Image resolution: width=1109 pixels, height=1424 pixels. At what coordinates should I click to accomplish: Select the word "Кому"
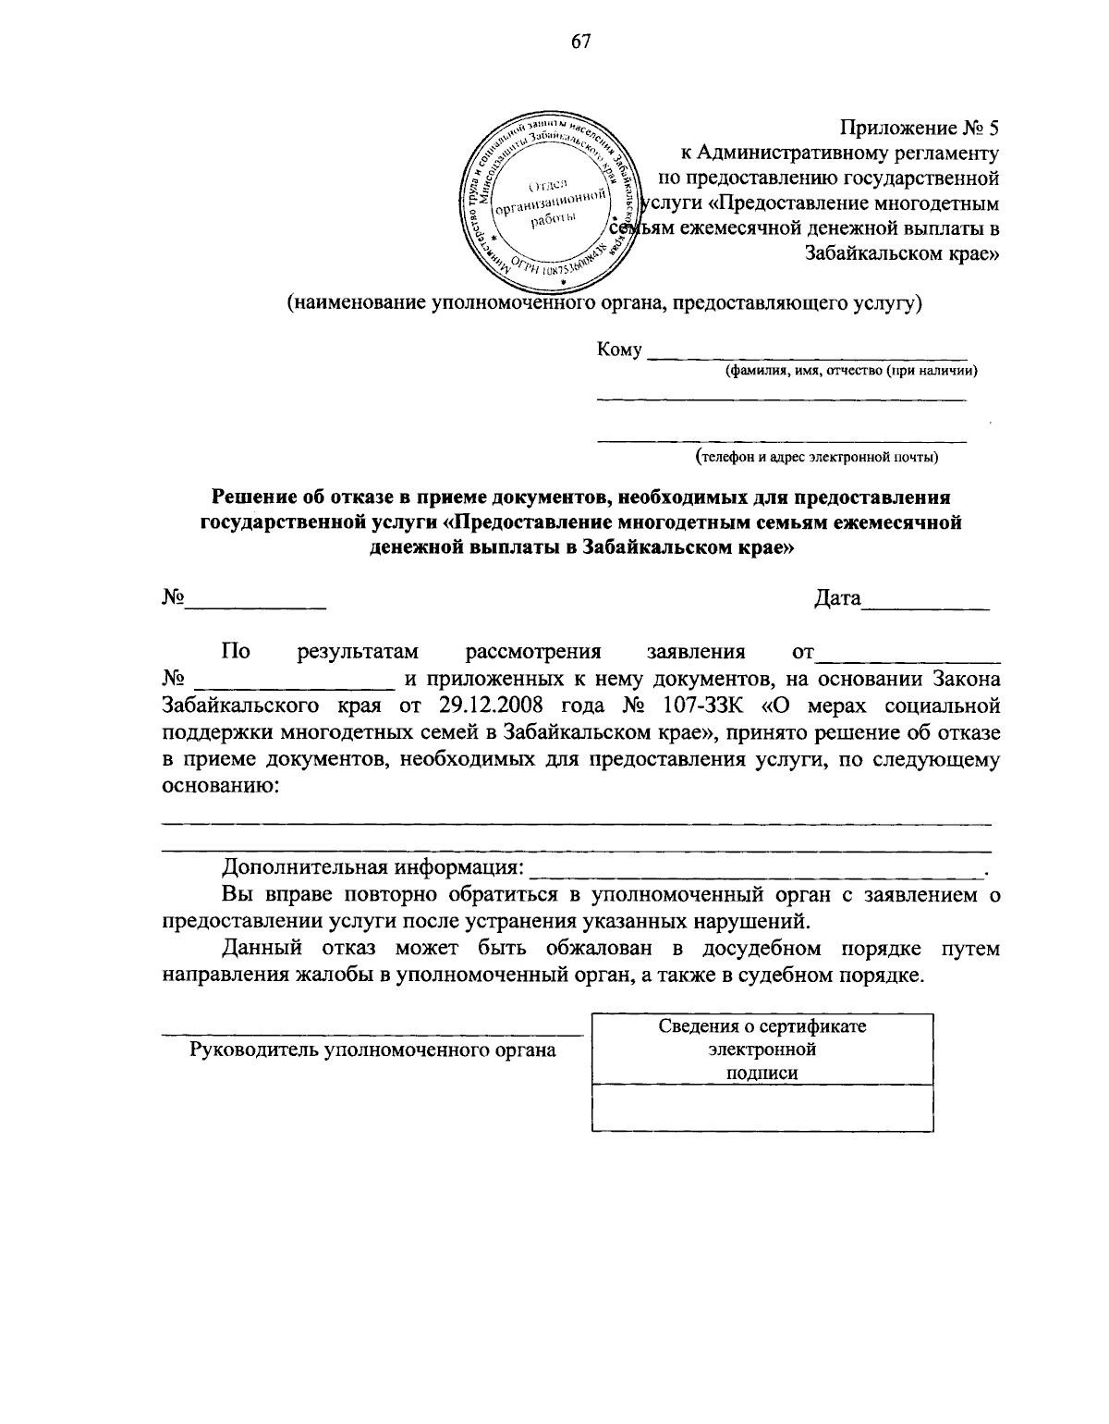tap(620, 350)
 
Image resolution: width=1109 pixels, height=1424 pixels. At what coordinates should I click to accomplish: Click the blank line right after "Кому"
tap(807, 353)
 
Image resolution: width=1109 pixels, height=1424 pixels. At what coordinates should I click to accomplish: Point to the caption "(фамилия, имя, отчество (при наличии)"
tap(849, 371)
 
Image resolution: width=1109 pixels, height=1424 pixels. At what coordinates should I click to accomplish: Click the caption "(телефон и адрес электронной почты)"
tap(817, 456)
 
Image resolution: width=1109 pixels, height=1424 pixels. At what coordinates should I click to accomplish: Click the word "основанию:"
tap(219, 787)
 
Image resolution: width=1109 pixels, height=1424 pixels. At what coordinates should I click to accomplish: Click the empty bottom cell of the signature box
tap(762, 1107)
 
